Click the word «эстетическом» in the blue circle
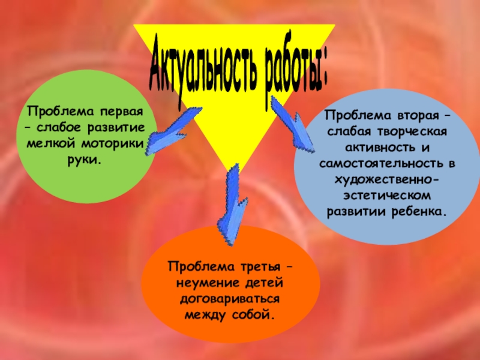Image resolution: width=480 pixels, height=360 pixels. [x=387, y=196]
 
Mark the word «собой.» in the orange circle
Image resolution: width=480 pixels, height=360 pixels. [x=255, y=314]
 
